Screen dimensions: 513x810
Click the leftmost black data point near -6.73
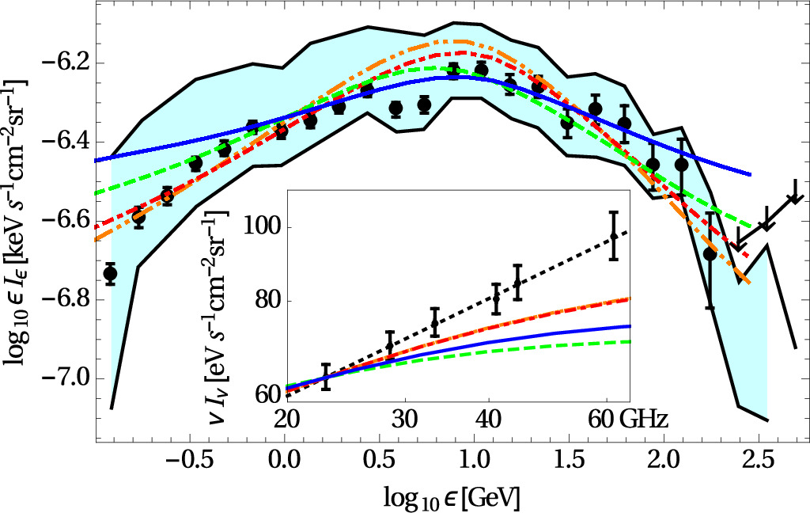110,273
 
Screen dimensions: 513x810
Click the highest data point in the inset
613,236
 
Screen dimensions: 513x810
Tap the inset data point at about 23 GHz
325,376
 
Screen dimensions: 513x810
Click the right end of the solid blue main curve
749,174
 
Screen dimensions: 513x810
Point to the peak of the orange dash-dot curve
457,41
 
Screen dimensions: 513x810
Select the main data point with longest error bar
710,254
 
